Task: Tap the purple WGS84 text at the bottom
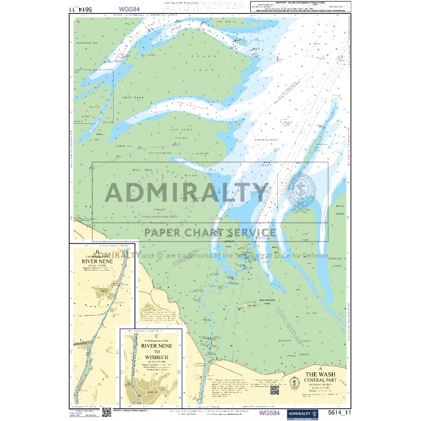[x=269, y=413]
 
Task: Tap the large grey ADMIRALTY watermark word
[x=186, y=192]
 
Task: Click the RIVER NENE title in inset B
[x=102, y=262]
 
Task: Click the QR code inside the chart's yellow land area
[x=274, y=390]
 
